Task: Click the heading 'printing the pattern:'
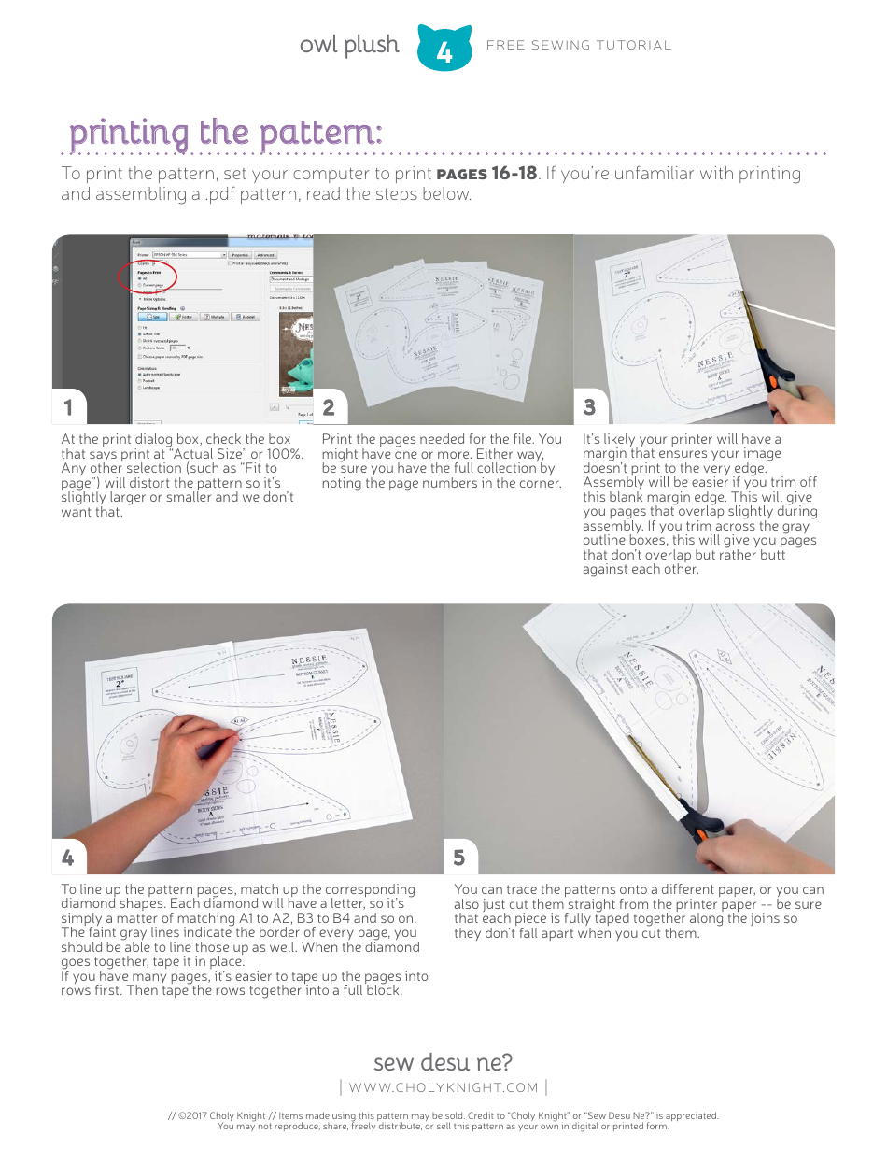coord(225,133)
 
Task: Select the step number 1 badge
coord(68,407)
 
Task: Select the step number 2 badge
coord(329,407)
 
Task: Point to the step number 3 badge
coord(589,407)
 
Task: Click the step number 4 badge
coord(68,857)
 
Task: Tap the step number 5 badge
coord(459,857)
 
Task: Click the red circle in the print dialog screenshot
coord(148,278)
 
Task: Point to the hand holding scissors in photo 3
coord(803,397)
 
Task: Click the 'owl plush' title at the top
coord(348,45)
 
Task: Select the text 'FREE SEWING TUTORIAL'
coord(579,45)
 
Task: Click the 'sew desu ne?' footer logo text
coord(443,1062)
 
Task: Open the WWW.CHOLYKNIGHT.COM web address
coord(443,1087)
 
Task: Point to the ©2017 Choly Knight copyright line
coord(443,1115)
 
